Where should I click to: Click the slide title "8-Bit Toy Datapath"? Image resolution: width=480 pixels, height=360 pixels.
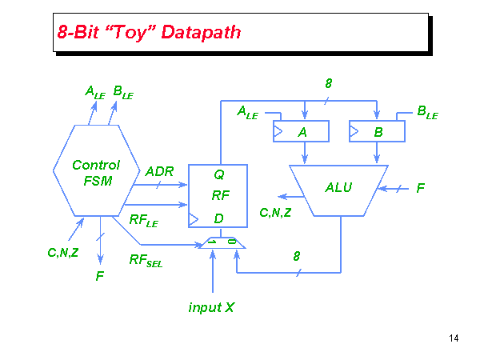[x=149, y=33]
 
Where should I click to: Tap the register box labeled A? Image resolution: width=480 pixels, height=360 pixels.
[x=302, y=132]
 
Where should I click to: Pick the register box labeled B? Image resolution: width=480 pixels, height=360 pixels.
[x=377, y=132]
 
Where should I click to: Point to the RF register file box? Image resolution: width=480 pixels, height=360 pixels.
[x=218, y=195]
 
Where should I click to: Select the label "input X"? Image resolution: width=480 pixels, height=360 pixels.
[x=211, y=307]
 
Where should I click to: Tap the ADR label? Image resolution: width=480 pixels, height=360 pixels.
[x=159, y=171]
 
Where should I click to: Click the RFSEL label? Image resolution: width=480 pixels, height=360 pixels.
[x=146, y=259]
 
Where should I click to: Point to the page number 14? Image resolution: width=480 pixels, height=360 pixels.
[x=454, y=338]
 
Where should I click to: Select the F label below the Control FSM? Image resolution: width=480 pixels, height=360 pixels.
[x=100, y=276]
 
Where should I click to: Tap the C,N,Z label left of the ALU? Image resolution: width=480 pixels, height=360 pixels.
[x=275, y=212]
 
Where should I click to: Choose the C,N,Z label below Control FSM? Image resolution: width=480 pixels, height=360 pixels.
[x=62, y=253]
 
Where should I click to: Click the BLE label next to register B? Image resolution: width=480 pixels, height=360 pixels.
[x=427, y=113]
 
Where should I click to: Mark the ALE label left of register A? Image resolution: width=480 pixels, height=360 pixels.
[x=247, y=113]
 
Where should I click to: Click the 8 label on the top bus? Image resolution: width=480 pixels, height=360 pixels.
[x=329, y=83]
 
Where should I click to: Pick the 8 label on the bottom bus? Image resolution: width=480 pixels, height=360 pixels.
[x=296, y=256]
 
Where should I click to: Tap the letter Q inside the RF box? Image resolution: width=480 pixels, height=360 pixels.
[x=218, y=173]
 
